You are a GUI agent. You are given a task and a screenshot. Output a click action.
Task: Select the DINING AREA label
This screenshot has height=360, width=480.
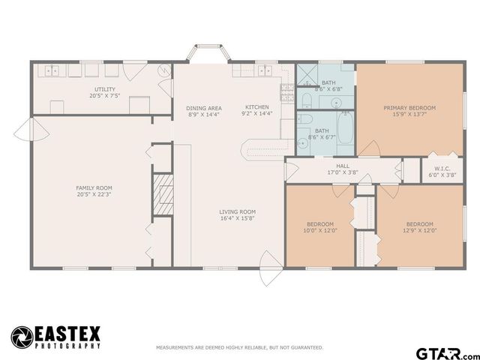204,108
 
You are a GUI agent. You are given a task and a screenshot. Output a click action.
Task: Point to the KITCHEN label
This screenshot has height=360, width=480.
256,107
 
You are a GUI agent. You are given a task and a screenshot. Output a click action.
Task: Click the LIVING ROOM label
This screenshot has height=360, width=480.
238,211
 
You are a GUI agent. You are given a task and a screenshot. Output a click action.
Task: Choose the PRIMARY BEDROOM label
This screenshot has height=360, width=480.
409,108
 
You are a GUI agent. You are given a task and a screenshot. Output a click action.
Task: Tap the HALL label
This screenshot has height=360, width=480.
343,166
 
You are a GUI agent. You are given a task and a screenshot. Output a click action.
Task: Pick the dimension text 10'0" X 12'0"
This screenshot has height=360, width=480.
321,231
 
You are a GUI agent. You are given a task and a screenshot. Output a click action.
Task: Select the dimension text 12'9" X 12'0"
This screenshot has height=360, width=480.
420,231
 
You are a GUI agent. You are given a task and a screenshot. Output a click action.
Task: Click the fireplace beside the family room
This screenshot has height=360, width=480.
158,196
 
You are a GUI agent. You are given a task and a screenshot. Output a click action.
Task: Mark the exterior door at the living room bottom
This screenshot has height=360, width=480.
265,271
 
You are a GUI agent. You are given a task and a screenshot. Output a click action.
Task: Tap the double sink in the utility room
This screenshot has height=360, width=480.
52,71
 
